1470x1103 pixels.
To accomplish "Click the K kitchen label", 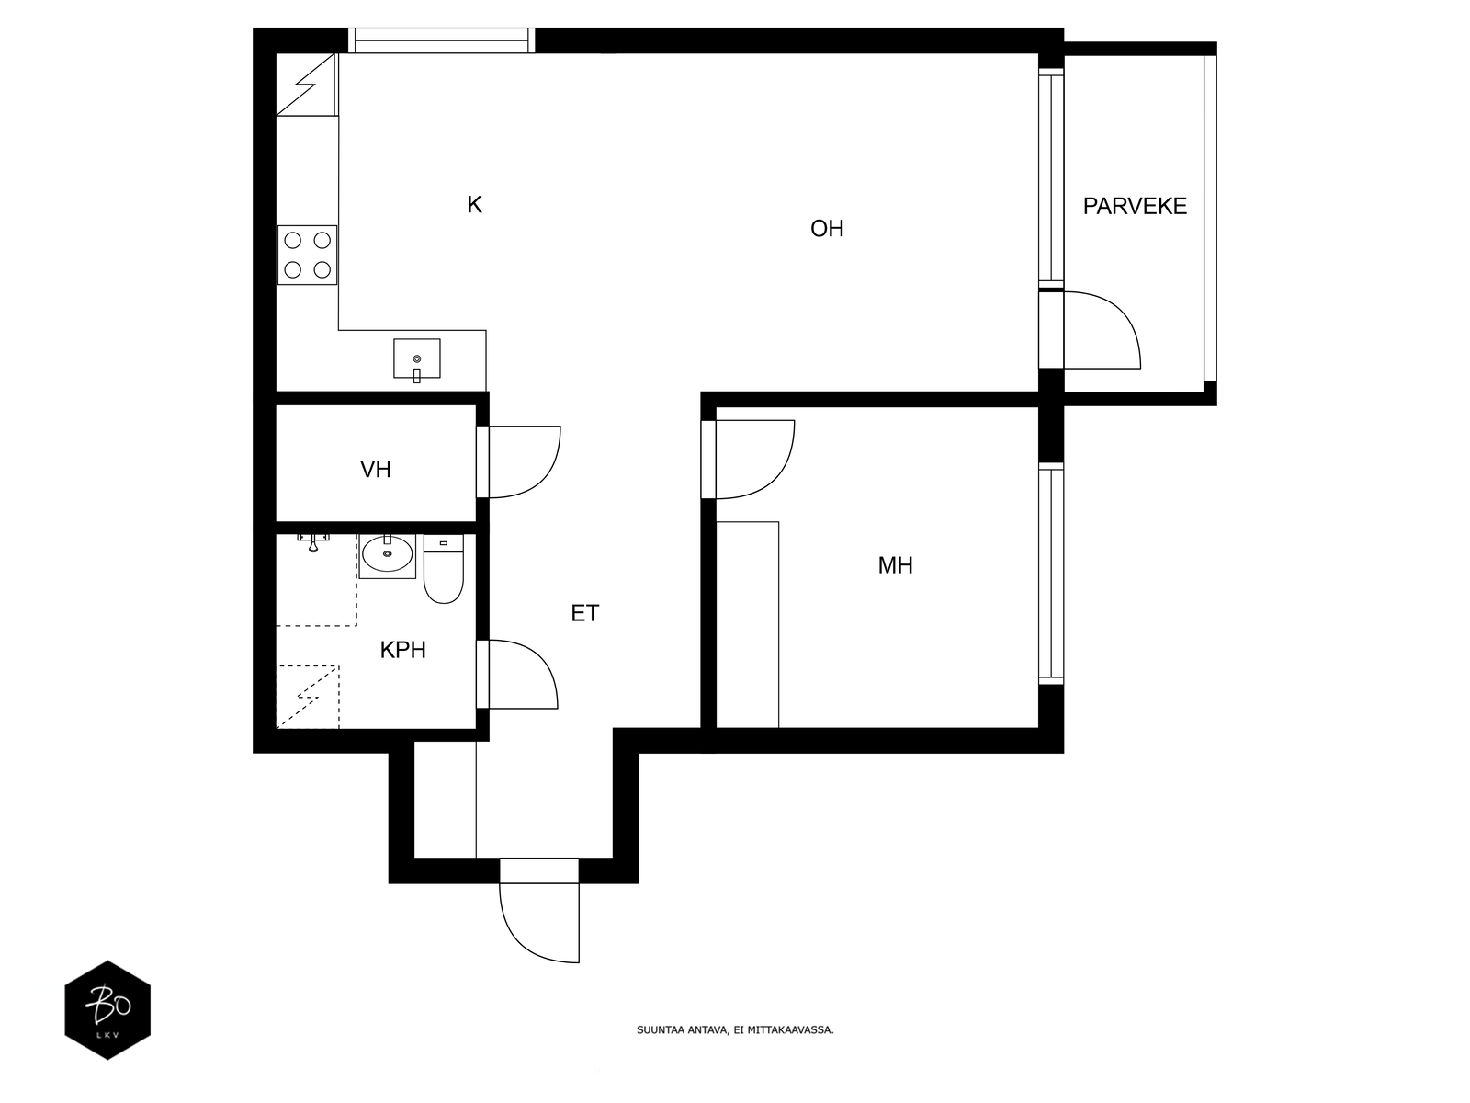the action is [x=474, y=205].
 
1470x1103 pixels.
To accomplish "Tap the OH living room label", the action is [x=826, y=229].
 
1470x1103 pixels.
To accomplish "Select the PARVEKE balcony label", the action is [x=1135, y=206].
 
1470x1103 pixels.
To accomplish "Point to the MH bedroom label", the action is [x=895, y=566].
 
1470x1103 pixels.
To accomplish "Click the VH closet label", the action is [x=375, y=470].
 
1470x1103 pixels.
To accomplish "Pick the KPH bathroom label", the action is [x=402, y=650].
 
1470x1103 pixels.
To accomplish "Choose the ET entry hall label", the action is [x=584, y=613].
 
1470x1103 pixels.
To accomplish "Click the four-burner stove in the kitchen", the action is [x=308, y=256].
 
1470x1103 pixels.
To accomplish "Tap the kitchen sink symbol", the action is [x=416, y=359].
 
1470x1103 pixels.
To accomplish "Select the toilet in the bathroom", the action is [x=444, y=569].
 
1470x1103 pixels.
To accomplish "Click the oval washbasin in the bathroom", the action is [x=387, y=554].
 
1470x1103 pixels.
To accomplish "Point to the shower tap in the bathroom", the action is [x=312, y=542].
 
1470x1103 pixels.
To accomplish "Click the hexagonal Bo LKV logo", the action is [x=107, y=1010].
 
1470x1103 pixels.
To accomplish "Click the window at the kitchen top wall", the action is [x=441, y=40].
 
